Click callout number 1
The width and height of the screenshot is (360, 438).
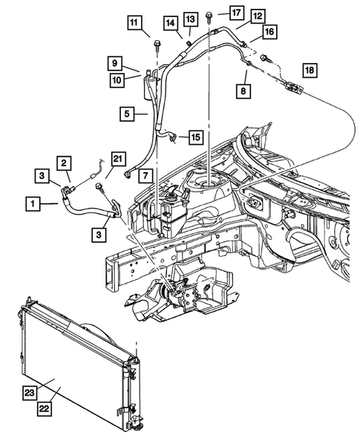(32, 201)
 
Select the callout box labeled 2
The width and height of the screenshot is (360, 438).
(65, 163)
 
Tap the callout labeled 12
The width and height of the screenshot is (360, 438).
(237, 15)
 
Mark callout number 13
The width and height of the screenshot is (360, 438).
(191, 18)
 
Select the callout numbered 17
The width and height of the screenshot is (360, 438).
(235, 13)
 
